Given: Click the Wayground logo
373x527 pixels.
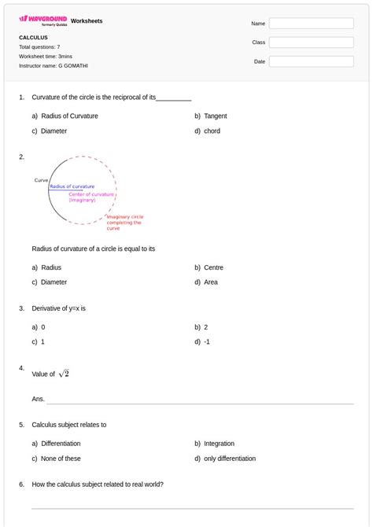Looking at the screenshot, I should coord(43,20).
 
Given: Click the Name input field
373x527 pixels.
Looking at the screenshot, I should coord(311,24).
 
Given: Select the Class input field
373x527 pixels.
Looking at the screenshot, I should coord(311,42).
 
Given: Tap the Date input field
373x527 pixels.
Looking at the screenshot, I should coord(311,61).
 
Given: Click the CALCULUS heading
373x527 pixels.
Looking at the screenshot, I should coord(34,37).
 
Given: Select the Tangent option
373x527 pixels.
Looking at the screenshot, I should coord(215,116).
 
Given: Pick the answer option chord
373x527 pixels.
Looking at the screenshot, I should coord(212,131).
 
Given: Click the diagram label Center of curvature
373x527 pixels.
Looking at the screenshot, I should coord(91,193).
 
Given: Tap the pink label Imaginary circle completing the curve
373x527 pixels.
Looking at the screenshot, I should coord(124,222).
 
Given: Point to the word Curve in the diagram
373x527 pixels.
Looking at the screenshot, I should coord(41,180).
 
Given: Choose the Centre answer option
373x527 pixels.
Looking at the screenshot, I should coord(213,267).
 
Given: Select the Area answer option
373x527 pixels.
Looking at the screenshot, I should coord(211,282).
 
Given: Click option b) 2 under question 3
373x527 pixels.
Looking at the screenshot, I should coord(205,326).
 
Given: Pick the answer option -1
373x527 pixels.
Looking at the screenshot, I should coord(206,341).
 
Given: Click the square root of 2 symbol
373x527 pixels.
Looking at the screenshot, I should coord(64,374).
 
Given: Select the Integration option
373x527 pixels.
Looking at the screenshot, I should coord(219,444).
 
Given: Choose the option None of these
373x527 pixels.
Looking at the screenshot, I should coord(61,459).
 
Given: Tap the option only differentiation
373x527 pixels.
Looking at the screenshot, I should coord(229,459).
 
